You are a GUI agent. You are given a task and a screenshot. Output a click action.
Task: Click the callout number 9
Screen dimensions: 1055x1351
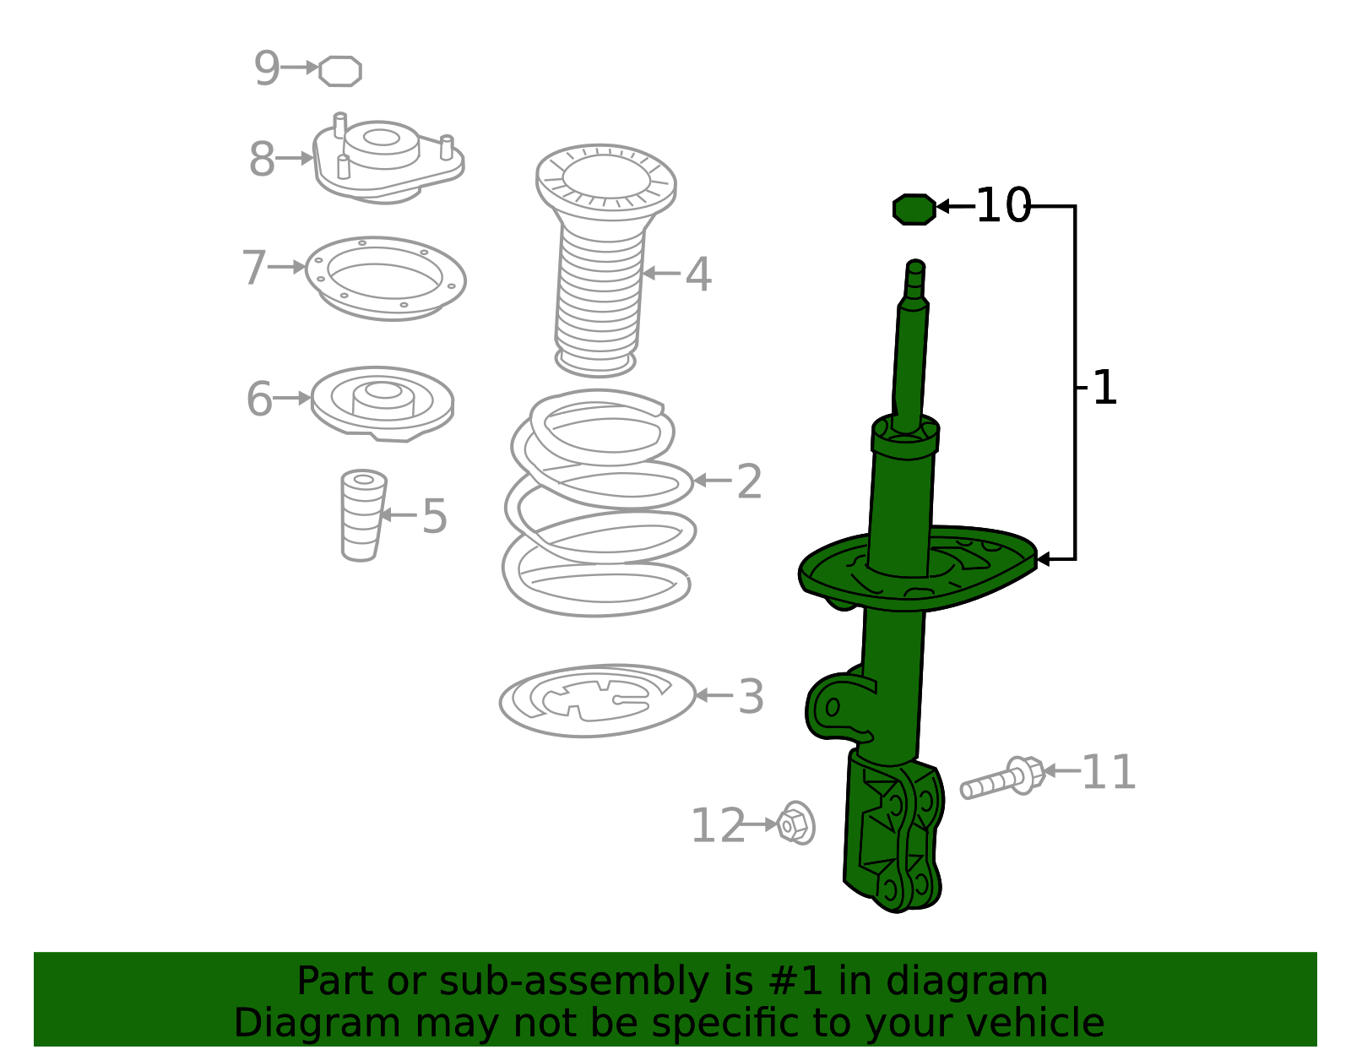coord(267,68)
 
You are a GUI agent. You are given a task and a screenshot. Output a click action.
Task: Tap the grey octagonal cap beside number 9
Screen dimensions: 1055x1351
coord(340,71)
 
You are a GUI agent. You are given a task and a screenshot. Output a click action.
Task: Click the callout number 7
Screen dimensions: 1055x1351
coord(254,267)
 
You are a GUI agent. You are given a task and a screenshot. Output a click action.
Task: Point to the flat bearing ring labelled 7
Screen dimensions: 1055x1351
coord(385,278)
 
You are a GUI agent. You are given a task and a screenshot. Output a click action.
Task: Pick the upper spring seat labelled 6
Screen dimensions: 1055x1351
coord(383,402)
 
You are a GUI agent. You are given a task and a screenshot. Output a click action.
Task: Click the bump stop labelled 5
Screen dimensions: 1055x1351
coord(363,514)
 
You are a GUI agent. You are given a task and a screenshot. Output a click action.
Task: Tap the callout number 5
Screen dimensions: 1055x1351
coord(434,515)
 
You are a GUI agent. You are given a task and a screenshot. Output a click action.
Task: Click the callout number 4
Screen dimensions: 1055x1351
coord(698,275)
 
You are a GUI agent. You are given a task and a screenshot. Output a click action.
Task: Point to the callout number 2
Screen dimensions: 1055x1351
coord(749,481)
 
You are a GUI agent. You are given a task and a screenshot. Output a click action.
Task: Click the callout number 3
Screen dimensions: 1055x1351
coord(751,697)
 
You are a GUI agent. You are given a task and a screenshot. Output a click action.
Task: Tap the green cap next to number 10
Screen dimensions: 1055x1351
coord(914,209)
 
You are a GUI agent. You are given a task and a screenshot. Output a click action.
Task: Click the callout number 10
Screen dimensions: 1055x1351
coord(1002,205)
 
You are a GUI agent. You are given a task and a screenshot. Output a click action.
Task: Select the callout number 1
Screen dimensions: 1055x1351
coord(1104,388)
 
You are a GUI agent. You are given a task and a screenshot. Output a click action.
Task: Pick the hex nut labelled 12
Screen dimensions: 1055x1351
coord(795,823)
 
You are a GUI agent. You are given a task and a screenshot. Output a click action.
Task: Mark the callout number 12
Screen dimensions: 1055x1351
coord(718,825)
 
